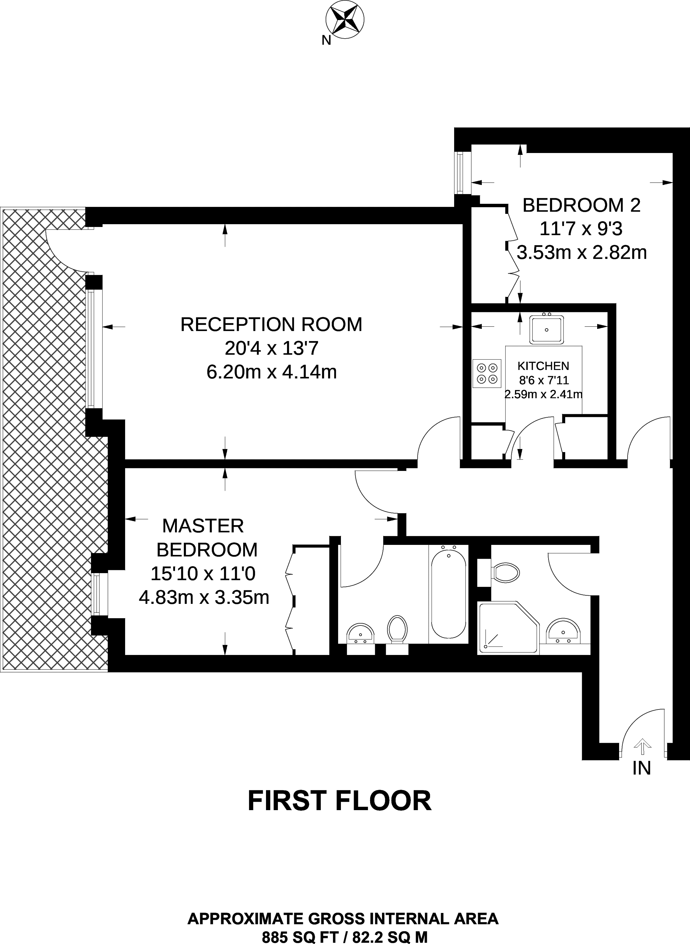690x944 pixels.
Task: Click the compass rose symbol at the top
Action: click(345, 19)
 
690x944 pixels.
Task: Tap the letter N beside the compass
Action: click(326, 40)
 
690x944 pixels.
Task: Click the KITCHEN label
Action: click(543, 366)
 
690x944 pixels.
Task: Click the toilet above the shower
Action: click(505, 572)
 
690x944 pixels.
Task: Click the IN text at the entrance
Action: click(642, 768)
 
